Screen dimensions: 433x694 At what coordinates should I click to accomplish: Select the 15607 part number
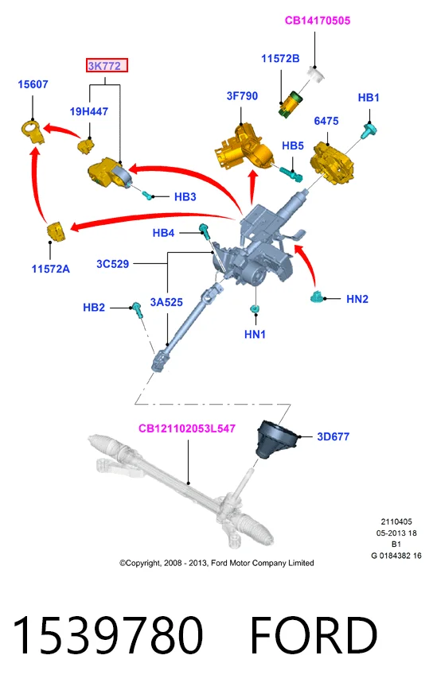click(x=33, y=84)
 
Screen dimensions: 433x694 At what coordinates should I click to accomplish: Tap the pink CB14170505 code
click(x=318, y=21)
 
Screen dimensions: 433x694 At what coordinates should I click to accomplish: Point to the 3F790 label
click(x=242, y=96)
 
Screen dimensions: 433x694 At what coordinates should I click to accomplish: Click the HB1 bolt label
click(x=369, y=97)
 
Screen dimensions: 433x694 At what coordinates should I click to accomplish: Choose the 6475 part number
click(x=326, y=121)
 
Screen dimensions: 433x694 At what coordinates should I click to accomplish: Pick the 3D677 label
click(x=334, y=437)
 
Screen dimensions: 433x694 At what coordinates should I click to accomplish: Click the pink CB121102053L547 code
click(x=187, y=428)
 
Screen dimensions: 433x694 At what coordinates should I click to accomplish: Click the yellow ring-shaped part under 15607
click(x=33, y=131)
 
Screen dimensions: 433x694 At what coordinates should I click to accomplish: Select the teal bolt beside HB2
click(x=137, y=309)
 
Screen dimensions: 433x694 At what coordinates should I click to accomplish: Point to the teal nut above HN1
click(x=256, y=308)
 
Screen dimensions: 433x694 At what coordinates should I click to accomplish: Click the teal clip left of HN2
click(x=317, y=297)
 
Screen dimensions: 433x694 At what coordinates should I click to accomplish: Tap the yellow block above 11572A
click(x=57, y=231)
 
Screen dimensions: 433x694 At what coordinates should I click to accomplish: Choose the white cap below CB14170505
click(x=317, y=73)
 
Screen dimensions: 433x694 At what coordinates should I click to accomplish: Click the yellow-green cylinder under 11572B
click(x=290, y=104)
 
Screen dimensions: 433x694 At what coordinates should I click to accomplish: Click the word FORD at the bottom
click(x=314, y=635)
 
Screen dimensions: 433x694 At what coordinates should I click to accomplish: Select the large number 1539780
click(x=107, y=635)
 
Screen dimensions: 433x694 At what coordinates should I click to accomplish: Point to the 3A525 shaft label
click(x=166, y=302)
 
